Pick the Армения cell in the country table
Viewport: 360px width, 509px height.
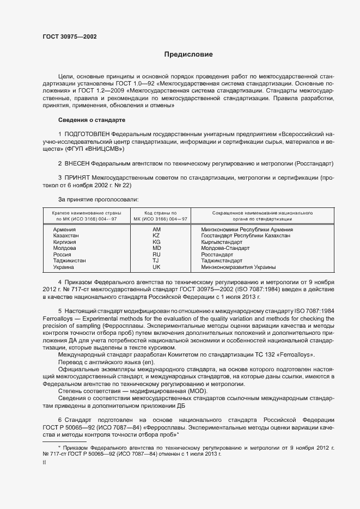(x=64, y=230)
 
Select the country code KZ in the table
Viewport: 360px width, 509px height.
(x=156, y=236)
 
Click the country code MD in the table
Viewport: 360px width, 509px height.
(x=156, y=248)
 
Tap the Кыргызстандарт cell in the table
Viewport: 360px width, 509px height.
(x=222, y=242)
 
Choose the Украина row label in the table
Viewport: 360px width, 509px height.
(x=64, y=267)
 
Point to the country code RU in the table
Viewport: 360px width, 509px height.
(x=156, y=255)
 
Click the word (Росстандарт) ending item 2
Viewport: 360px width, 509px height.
(x=314, y=163)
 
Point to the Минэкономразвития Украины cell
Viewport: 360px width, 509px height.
(x=238, y=267)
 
